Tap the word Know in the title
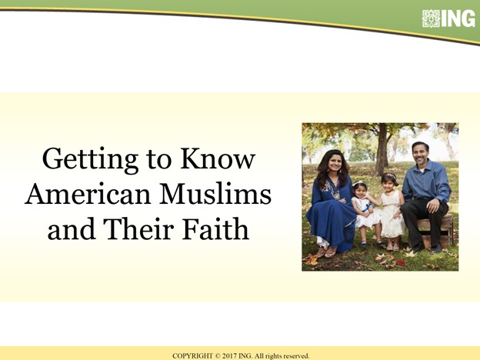[x=218, y=158]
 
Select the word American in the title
[x=88, y=194]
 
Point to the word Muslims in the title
[x=215, y=194]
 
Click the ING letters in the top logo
[x=458, y=18]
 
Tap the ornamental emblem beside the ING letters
[x=431, y=18]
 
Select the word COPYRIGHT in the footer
[x=192, y=356]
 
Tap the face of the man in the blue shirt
[x=419, y=154]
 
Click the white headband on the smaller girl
[x=359, y=183]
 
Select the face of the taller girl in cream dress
[x=388, y=184]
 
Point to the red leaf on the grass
[x=400, y=262]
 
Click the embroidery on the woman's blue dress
[x=332, y=189]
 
